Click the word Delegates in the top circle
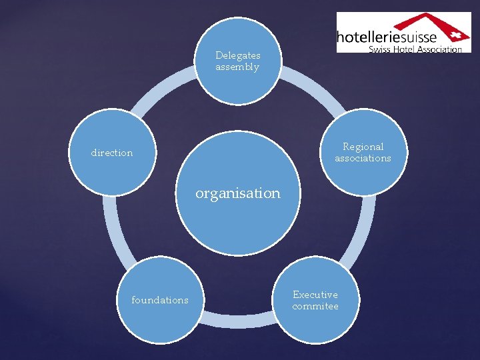click(238, 55)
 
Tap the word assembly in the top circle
click(237, 67)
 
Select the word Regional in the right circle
click(363, 147)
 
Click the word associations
click(363, 159)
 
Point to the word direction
click(112, 153)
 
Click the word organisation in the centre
click(238, 193)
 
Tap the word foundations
click(160, 300)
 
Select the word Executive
click(315, 295)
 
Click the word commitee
click(315, 307)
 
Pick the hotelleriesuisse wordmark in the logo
click(386, 37)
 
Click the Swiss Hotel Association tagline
click(415, 49)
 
